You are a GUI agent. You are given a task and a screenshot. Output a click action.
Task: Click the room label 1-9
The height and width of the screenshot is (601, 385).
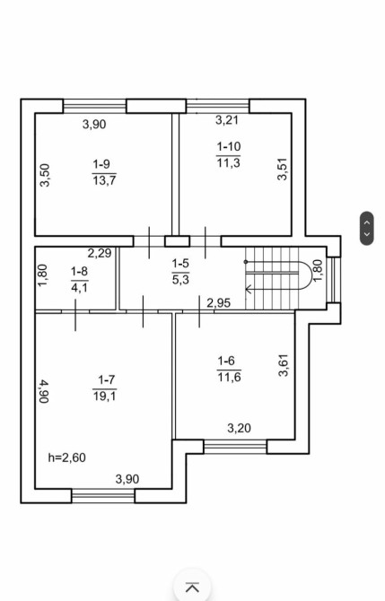[101, 164]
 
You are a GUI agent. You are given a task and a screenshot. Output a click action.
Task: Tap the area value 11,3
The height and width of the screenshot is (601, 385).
[229, 163]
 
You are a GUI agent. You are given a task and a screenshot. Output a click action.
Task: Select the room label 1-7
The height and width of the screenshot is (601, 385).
[106, 379]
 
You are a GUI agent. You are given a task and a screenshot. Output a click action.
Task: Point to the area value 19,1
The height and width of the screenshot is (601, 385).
[105, 396]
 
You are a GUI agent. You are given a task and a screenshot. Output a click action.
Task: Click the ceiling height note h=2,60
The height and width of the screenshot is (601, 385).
[66, 457]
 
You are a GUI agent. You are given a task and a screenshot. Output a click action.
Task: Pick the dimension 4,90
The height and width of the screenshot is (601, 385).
[45, 391]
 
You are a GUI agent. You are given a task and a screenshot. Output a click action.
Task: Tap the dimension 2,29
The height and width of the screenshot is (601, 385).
[100, 253]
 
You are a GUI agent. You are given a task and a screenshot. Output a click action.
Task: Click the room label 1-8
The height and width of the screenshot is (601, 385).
[79, 272]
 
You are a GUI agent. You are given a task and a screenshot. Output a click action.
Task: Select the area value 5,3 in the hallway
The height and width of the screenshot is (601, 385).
[180, 280]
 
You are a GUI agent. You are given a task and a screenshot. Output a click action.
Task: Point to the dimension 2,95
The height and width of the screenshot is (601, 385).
[219, 303]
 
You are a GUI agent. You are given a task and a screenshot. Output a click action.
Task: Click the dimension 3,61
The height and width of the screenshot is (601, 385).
[284, 365]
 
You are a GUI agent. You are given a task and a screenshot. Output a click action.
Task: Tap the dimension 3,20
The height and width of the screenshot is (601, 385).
[240, 428]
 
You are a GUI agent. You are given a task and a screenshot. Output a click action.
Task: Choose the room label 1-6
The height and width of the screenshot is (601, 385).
[226, 361]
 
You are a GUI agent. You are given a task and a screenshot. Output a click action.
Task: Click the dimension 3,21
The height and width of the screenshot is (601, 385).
[227, 120]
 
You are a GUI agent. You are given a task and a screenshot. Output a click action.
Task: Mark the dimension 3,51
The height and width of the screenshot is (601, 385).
[283, 169]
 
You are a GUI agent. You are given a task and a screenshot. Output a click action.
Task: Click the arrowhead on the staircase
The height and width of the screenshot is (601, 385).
[248, 289]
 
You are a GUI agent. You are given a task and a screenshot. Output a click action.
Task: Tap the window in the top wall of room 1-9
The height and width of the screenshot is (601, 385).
[94, 106]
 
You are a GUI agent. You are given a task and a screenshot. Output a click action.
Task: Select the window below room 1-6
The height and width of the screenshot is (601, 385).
[235, 447]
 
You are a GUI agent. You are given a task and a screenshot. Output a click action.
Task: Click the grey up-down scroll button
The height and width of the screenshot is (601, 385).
[367, 228]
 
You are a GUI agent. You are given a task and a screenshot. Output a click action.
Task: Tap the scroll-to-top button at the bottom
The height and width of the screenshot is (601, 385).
[192, 587]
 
